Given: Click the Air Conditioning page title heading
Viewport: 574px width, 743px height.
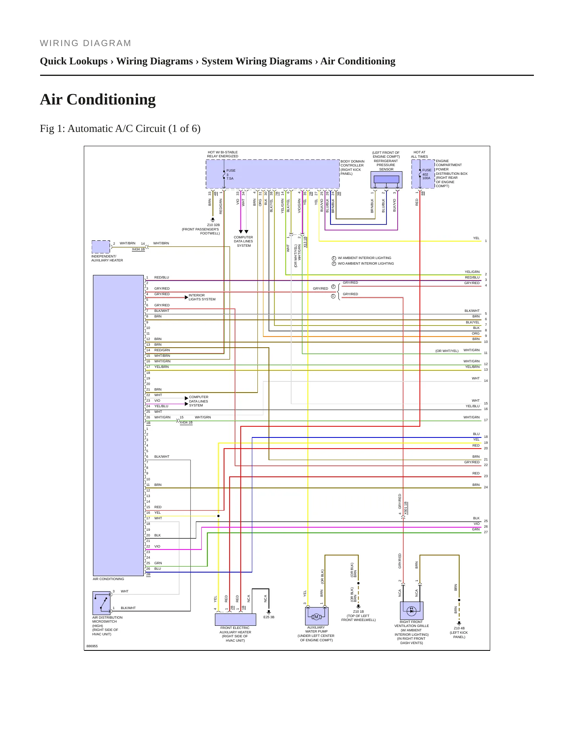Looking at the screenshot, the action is (x=98, y=99).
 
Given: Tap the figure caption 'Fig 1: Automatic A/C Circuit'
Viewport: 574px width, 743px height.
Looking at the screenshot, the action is (x=120, y=129).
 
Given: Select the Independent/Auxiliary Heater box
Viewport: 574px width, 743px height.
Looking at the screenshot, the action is (x=101, y=247).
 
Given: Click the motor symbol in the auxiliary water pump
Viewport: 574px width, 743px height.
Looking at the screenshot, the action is (x=316, y=617).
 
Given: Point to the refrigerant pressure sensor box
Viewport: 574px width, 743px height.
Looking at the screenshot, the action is (x=387, y=180).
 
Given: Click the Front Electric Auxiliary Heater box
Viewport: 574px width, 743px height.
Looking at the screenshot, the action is (x=236, y=619).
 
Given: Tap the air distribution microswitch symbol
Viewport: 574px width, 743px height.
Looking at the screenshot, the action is (x=102, y=603).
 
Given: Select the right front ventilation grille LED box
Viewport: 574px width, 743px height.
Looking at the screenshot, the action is (x=412, y=611).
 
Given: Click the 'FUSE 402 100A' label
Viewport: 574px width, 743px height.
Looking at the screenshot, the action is (x=426, y=174).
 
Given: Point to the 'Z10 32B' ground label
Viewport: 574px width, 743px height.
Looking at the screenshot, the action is (x=213, y=225).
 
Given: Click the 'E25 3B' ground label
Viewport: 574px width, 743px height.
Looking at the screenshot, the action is (x=269, y=617).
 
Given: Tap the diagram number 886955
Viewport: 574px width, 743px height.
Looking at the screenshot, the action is (x=92, y=646).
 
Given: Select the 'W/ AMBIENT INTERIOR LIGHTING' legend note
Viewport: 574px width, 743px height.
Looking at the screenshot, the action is (x=364, y=258).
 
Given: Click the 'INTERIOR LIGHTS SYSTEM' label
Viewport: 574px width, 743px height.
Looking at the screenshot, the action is (x=202, y=297).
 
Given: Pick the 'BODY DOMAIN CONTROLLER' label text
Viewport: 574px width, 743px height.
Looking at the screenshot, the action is (x=352, y=163).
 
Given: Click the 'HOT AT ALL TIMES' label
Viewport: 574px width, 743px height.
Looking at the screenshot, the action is (x=419, y=154).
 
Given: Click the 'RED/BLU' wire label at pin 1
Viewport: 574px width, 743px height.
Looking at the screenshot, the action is (x=162, y=277).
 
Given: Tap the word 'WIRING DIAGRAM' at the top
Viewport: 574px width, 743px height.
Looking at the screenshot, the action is (x=85, y=43).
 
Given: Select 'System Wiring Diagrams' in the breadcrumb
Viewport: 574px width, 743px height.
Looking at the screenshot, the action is (x=257, y=61).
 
